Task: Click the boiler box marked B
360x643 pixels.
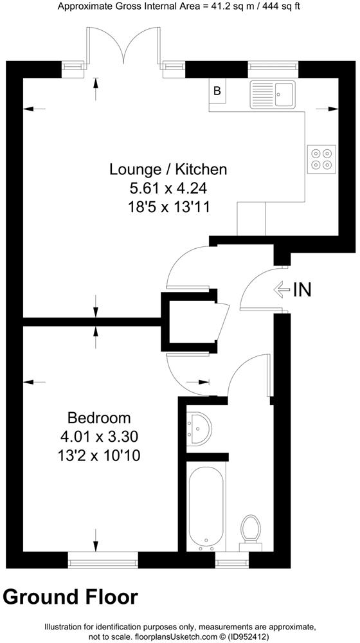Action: [x=217, y=91]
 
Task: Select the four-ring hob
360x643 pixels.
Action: [x=322, y=159]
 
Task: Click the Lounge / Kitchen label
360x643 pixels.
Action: [x=168, y=170]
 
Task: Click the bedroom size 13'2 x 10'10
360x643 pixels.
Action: [x=99, y=457]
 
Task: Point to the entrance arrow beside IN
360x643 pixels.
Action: [x=281, y=290]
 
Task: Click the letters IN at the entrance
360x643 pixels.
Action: [x=302, y=290]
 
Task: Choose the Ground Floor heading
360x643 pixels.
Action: [x=70, y=597]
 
